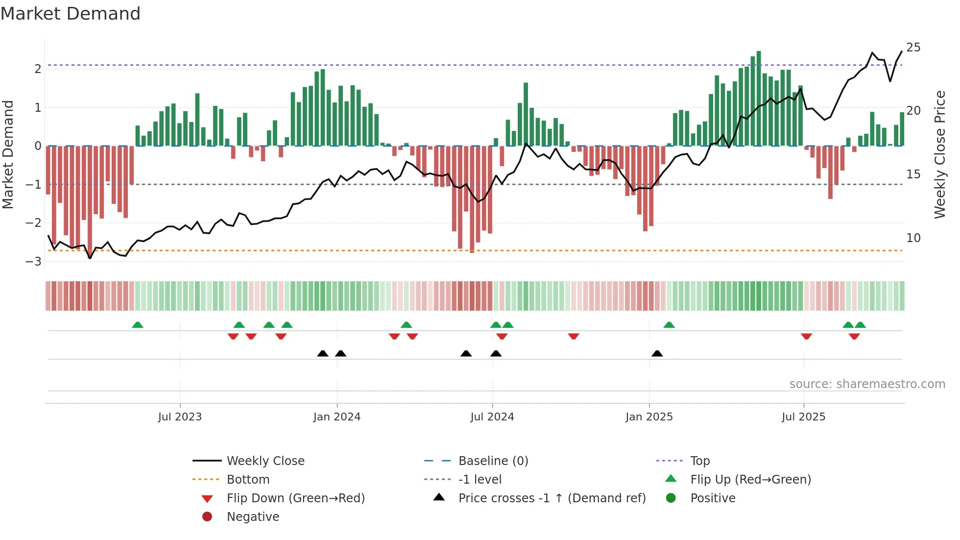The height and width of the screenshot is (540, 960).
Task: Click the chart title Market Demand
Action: tap(71, 14)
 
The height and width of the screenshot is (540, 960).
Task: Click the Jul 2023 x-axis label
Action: tap(180, 417)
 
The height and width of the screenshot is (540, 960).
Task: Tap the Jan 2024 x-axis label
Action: tap(337, 417)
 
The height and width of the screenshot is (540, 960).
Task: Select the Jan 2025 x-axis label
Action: tap(649, 417)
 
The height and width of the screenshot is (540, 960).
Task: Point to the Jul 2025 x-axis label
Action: tap(803, 417)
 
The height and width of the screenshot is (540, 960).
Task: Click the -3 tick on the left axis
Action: tap(33, 262)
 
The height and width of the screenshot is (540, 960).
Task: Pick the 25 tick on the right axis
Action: tap(913, 48)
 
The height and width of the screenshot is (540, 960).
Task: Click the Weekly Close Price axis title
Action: tap(939, 154)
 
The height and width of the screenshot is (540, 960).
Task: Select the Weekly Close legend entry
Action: tap(265, 461)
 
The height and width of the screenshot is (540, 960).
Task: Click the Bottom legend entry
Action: tap(248, 480)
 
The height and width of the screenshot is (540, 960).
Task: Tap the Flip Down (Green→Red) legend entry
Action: tap(295, 498)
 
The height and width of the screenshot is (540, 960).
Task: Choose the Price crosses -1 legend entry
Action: tap(552, 498)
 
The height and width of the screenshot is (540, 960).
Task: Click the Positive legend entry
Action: tap(713, 498)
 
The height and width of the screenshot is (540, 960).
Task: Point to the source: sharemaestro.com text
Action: tap(867, 384)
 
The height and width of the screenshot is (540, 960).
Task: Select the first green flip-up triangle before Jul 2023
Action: tap(138, 325)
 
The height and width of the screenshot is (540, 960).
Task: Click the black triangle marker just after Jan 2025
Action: tap(657, 354)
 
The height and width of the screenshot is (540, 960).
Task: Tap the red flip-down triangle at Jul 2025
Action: tap(807, 336)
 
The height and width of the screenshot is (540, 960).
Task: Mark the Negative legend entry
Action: tap(253, 517)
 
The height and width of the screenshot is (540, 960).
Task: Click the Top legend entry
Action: tap(700, 461)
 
